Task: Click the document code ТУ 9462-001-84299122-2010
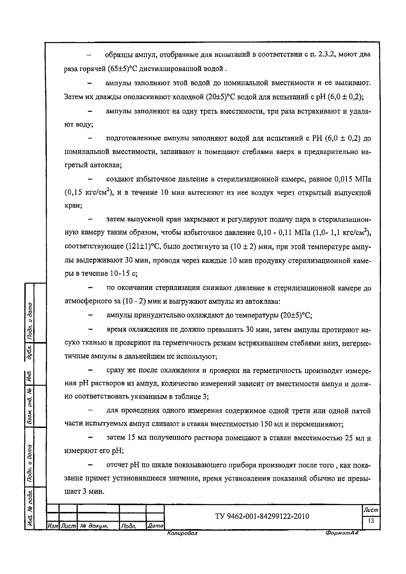[x=262, y=516]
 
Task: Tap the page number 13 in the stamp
[x=371, y=521]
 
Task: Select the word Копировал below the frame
[x=182, y=533]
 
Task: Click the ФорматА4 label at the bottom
[x=342, y=533]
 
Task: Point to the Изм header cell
[x=53, y=526]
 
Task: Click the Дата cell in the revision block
[x=155, y=526]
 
